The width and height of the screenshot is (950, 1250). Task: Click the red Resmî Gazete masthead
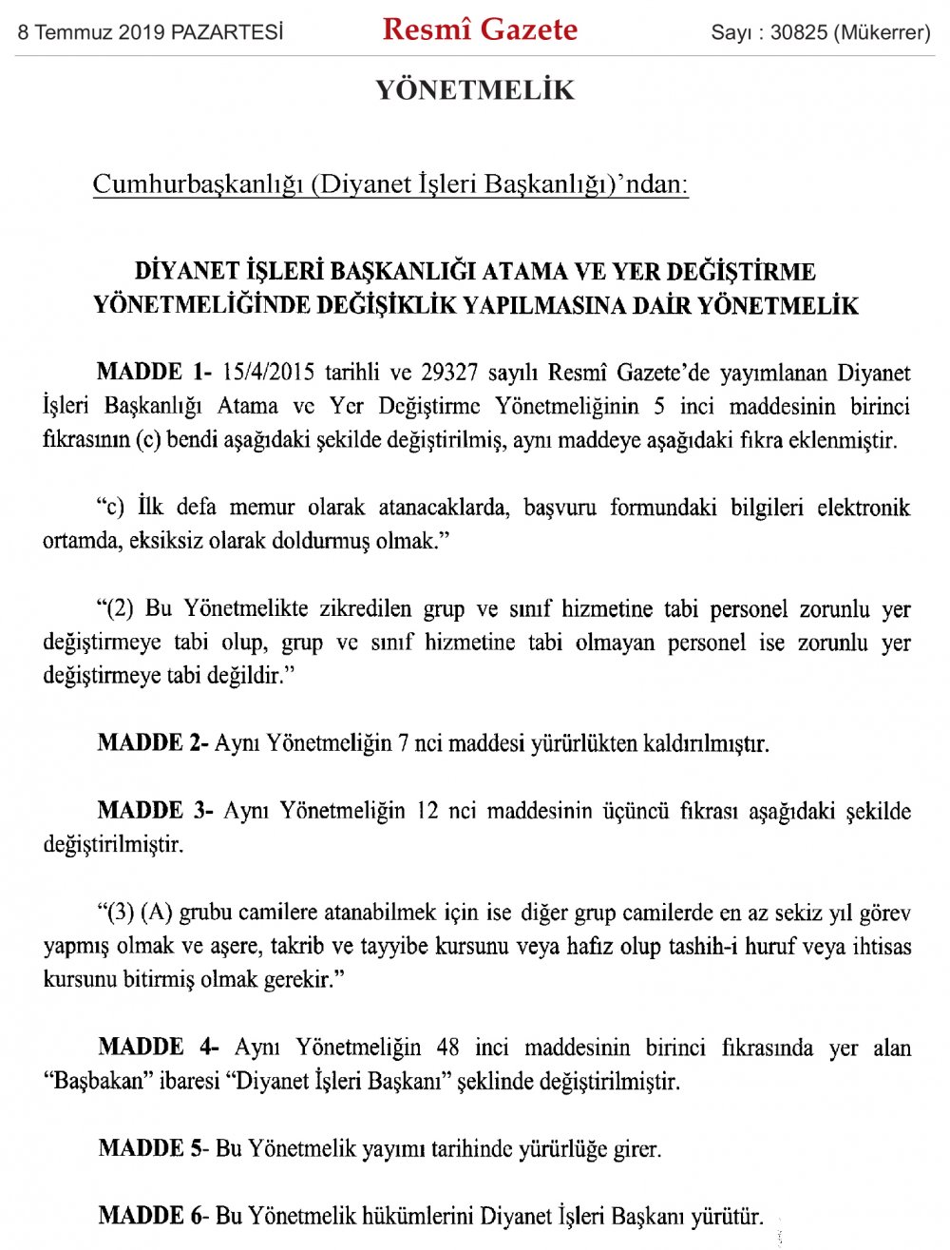pos(480,29)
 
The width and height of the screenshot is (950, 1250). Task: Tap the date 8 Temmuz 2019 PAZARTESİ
pos(150,32)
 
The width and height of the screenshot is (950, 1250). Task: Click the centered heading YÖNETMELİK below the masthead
pos(475,90)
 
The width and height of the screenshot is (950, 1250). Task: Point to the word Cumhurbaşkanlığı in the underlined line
pos(198,183)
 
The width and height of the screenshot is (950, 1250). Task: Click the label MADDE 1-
pos(154,372)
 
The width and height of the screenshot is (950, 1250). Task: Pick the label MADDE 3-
pos(156,811)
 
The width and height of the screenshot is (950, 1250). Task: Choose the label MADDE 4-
pos(158,1047)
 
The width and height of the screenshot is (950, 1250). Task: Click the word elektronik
pos(863,507)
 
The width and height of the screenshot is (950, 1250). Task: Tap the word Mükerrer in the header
pos(881,32)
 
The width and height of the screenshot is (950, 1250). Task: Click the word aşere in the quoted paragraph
pos(237,947)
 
